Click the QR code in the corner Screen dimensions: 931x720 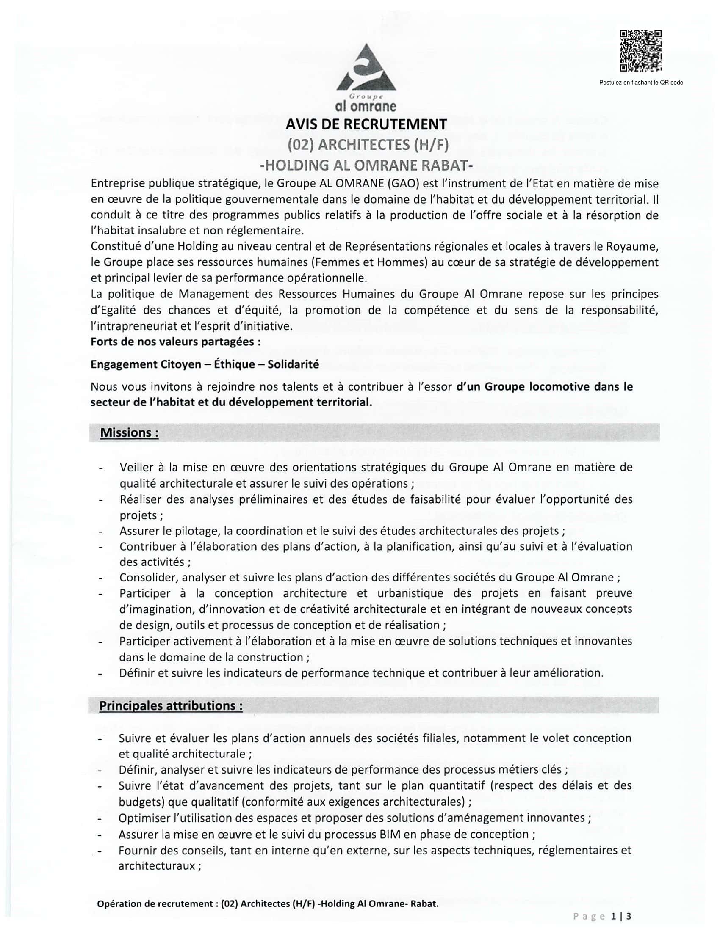641,51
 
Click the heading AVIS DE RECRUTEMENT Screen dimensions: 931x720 366,124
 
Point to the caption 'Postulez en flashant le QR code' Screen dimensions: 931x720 641,83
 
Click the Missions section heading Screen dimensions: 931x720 129,432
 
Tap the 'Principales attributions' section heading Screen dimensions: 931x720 171,705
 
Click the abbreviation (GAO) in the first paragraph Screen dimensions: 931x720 403,184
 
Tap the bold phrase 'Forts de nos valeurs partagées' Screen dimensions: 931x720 175,342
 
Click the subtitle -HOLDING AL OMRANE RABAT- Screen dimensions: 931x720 366,165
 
